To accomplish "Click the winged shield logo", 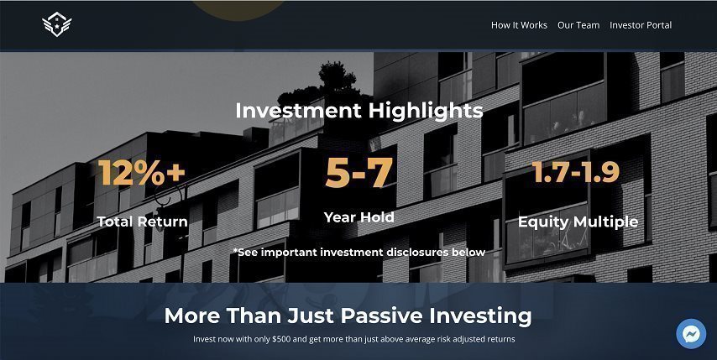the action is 57,24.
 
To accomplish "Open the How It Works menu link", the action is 519,25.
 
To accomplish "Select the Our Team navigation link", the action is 578,25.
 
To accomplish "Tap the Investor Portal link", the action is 641,25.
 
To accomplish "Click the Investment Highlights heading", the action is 359,111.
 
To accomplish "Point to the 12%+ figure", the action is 142,172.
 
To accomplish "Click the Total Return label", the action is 142,222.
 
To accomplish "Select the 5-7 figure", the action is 359,173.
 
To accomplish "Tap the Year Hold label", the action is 359,217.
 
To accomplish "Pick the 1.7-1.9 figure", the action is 576,172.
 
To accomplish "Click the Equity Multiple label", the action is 578,222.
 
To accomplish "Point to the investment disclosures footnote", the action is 359,253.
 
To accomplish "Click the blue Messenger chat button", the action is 691,334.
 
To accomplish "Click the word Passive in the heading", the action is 382,316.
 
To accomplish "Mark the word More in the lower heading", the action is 192,316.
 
